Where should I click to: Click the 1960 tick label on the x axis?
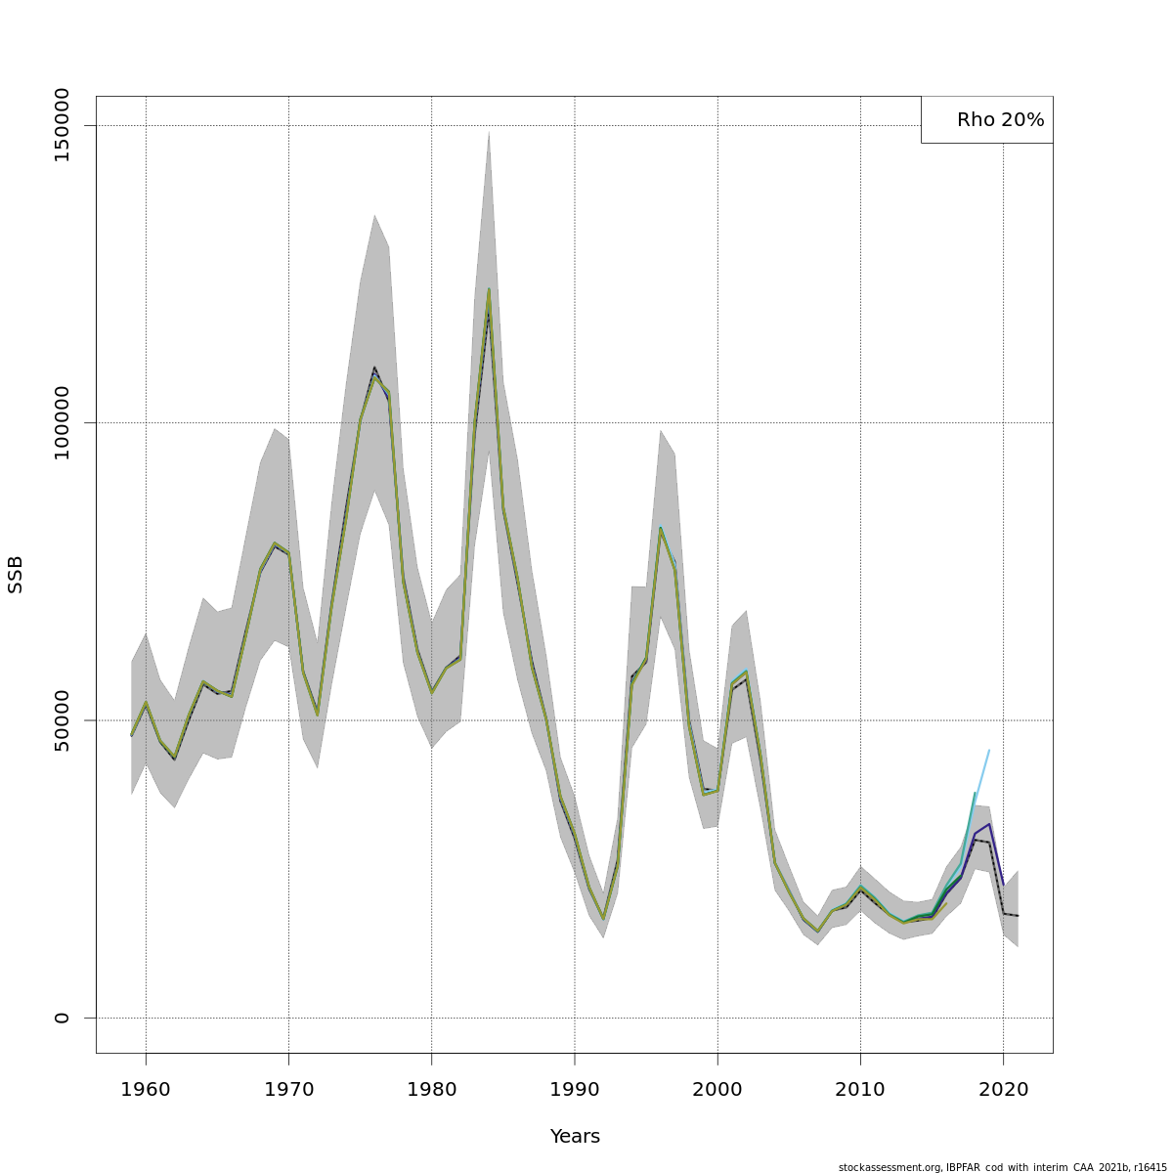pos(146,1090)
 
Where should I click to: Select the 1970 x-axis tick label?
pos(288,1090)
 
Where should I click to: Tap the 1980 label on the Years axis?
pos(431,1090)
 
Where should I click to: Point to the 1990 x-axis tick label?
pos(575,1090)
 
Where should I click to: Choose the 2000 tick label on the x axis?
pos(717,1090)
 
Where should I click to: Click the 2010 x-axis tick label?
pos(860,1090)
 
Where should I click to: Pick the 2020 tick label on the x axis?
pos(1003,1090)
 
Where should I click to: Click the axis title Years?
pos(575,1137)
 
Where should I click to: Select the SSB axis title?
pos(16,575)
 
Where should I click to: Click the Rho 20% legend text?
pos(1000,120)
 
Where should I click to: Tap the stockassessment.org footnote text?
pos(1002,1167)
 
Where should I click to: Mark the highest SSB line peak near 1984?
pos(489,289)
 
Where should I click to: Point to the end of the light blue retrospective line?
pos(989,750)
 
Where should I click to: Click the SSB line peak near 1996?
pos(661,529)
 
